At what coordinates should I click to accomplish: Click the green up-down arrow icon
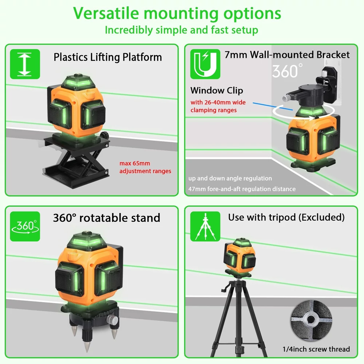[x=25, y=64]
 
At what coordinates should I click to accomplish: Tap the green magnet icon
[x=205, y=64]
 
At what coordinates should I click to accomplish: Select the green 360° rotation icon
[x=25, y=226]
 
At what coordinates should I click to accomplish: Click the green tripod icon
[x=205, y=226]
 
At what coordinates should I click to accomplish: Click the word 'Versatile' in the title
[x=106, y=13]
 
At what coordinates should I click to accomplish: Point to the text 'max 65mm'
[x=135, y=163]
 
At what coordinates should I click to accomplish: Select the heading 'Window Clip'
[x=217, y=91]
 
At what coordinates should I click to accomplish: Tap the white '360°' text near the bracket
[x=288, y=71]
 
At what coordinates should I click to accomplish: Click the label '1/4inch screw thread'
[x=316, y=349]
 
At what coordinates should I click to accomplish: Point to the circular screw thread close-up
[x=311, y=320]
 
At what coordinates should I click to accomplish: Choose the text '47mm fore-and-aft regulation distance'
[x=242, y=189]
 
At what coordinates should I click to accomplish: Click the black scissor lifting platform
[x=76, y=160]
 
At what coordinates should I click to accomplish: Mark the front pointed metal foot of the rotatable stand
[x=87, y=345]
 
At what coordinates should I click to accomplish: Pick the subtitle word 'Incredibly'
[x=129, y=30]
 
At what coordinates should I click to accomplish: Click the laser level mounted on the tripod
[x=240, y=257]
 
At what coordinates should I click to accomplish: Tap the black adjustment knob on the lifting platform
[x=105, y=135]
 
